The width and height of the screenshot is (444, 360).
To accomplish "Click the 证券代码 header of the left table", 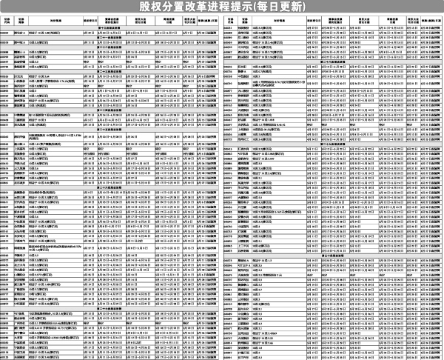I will pos(5,20).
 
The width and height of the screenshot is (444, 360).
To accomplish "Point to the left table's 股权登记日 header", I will pos(91,20).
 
